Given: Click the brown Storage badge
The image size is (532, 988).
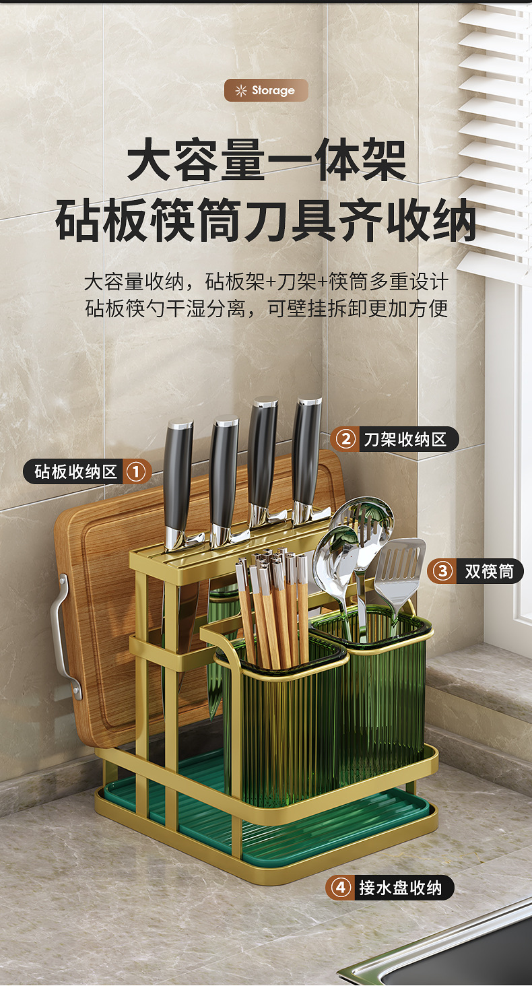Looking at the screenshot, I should pos(266,90).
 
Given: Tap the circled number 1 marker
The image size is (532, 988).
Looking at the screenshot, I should pos(135,471).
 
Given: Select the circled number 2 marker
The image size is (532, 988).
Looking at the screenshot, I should pos(345,440).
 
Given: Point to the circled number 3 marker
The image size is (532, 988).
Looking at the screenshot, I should pos(442,572).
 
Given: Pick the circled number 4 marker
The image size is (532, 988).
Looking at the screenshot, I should pos(340,888).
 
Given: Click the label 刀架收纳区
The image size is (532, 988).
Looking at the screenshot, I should pos(405,440).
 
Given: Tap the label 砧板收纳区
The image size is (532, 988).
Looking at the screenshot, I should pos(75,471).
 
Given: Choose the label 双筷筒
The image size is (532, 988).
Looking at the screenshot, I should pos(489,572).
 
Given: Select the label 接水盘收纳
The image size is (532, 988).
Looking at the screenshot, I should pos(400,888).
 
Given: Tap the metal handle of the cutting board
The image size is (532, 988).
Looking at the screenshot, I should pos(63,633).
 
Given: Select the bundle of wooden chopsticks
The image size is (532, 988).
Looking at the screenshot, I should pos(273,606).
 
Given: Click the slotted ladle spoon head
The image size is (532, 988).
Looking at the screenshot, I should pos(367,519).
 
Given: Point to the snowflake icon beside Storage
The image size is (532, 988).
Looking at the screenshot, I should pos(241,90).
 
